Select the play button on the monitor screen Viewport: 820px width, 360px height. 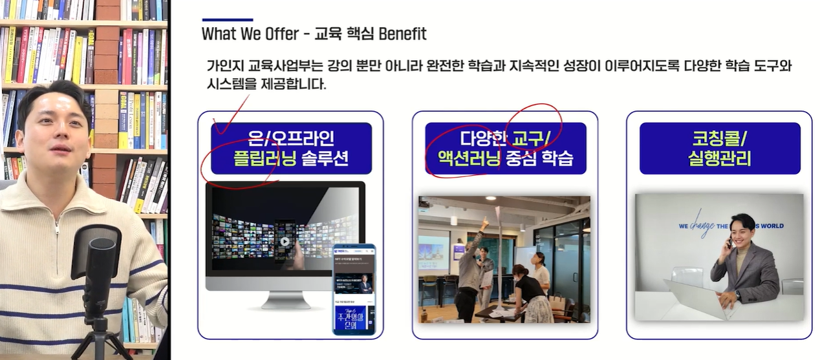(285, 242)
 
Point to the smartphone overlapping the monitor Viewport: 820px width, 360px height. (354, 289)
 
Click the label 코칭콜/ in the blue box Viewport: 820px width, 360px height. (719, 138)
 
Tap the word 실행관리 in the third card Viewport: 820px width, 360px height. (719, 158)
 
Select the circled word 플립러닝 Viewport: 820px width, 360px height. (264, 158)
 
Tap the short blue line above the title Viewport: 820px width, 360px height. (227, 19)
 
